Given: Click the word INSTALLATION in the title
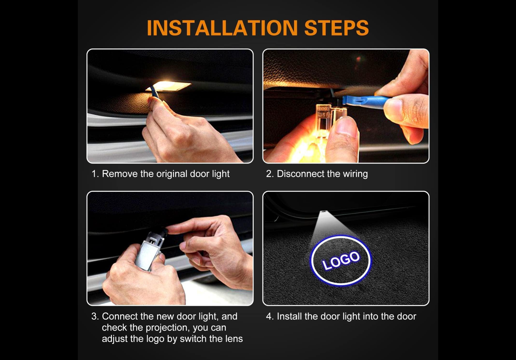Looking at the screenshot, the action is [x=222, y=27].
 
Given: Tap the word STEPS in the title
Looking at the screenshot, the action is [x=336, y=27].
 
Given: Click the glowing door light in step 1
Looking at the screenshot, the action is [x=170, y=86].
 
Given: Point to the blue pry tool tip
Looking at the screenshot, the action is [x=346, y=100].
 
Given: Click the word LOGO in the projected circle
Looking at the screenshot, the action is [x=341, y=260].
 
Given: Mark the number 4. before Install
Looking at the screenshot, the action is [x=270, y=316].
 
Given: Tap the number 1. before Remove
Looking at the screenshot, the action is [x=95, y=174].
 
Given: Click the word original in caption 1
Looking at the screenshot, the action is [x=172, y=174].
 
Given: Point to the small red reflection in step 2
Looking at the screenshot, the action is [x=358, y=59].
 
